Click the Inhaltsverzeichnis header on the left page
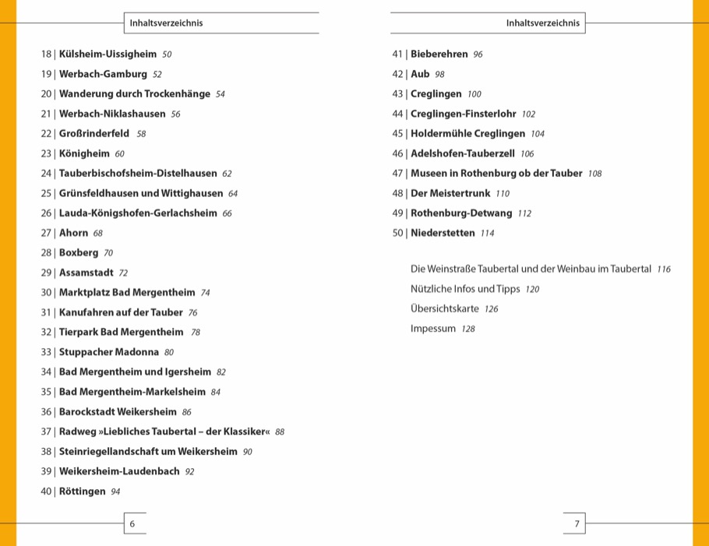click(166, 23)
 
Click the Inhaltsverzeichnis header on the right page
click(543, 23)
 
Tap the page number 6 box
click(132, 523)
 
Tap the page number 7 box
click(577, 523)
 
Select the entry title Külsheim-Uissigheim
click(108, 55)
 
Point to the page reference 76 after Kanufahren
click(192, 312)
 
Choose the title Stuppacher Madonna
click(109, 352)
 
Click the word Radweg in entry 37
click(76, 432)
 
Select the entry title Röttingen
click(82, 491)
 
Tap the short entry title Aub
click(420, 74)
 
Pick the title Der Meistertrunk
click(450, 193)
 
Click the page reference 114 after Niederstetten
click(488, 233)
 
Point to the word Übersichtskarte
click(445, 308)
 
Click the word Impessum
click(433, 329)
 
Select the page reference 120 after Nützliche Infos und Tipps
click(532, 289)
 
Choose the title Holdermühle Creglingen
click(467, 134)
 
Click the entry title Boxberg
click(79, 253)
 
